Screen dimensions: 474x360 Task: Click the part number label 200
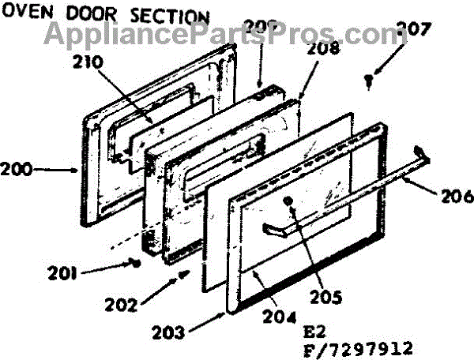click(17, 169)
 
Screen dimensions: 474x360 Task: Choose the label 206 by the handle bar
click(455, 195)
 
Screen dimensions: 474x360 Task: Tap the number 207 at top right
click(413, 30)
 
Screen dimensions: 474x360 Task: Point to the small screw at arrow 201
click(138, 263)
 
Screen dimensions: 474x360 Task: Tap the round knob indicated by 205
click(289, 201)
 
